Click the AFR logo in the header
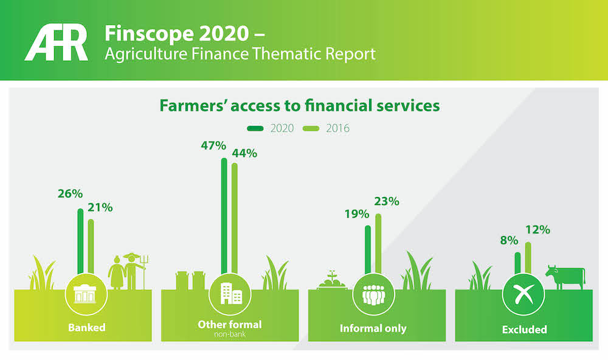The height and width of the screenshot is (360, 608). pos(57,43)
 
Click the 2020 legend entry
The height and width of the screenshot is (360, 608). pos(271,128)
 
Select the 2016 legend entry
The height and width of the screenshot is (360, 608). pos(326,128)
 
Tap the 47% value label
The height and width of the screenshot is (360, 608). pos(213,146)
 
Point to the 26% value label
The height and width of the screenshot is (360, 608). pos(70,193)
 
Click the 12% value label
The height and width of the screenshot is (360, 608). pos(537,230)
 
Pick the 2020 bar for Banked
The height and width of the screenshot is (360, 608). pos(80,242)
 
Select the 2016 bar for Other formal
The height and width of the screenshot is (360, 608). pos(235,219)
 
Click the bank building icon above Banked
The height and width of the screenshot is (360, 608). pos(86,294)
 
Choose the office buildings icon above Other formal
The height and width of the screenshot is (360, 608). pos(230,294)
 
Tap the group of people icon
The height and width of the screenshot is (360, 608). pos(373,294)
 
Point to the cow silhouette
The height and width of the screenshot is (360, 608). pos(565,277)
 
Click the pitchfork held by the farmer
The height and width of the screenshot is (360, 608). pos(144,272)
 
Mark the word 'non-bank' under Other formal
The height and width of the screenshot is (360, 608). pos(230,334)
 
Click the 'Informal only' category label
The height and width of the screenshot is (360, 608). pos(373,328)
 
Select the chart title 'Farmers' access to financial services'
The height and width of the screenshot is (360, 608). pos(300,106)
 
